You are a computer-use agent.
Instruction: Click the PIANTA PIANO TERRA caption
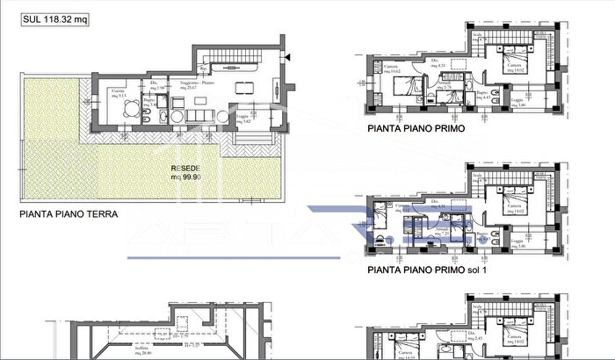[x=69, y=212]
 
